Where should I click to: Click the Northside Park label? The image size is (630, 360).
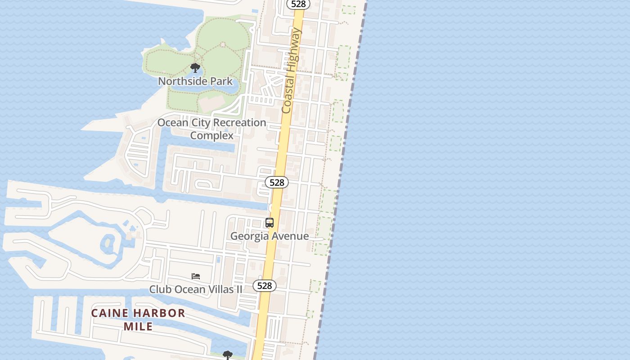click(x=195, y=81)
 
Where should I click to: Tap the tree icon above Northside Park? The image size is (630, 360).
click(x=195, y=68)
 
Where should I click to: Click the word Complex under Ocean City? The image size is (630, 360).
click(x=211, y=135)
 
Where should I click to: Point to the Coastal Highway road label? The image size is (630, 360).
click(x=291, y=71)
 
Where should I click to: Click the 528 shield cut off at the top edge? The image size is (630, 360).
click(x=298, y=4)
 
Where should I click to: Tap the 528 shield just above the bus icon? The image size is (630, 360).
click(x=276, y=182)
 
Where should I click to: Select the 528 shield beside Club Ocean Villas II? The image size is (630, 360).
click(x=264, y=286)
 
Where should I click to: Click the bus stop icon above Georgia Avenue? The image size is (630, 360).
click(x=270, y=223)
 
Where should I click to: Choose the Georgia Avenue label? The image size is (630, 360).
click(x=269, y=236)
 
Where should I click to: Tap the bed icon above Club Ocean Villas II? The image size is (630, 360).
click(x=196, y=276)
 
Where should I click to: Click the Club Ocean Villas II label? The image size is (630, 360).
click(x=196, y=289)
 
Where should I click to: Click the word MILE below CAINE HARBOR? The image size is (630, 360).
click(x=138, y=326)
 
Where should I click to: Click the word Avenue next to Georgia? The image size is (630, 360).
click(x=290, y=236)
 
